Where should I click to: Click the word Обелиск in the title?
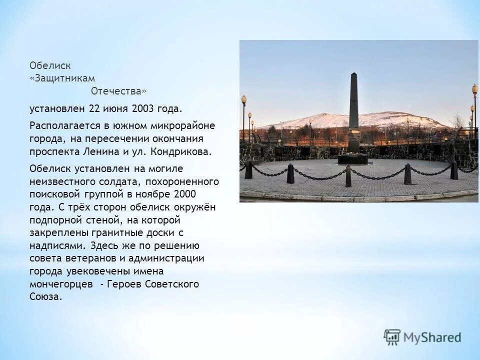(x=50, y=65)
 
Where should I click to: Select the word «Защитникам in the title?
(x=62, y=78)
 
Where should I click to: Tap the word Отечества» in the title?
(x=119, y=91)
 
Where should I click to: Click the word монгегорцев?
(x=61, y=284)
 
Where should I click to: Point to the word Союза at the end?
(x=45, y=297)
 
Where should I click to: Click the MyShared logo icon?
(x=392, y=336)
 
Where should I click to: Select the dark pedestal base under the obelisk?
(x=353, y=159)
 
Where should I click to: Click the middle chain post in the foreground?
(x=348, y=175)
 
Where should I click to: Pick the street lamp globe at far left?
(x=244, y=98)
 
